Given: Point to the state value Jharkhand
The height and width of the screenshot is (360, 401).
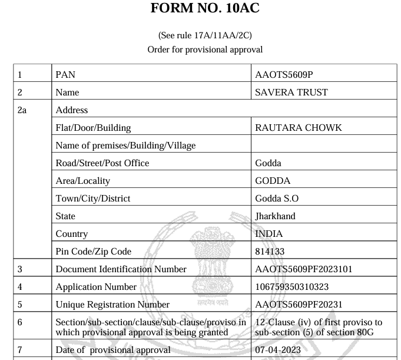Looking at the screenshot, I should coord(275,216).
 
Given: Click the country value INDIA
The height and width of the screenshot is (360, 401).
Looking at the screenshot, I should coord(269,233).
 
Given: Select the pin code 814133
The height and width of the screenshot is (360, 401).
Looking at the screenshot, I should coord(270,251).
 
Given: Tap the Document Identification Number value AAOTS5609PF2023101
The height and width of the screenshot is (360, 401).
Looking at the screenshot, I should coord(304,269).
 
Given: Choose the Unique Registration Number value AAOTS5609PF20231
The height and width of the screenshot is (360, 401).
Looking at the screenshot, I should coord(299,305).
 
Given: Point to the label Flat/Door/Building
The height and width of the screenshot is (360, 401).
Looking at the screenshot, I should coord(93,127).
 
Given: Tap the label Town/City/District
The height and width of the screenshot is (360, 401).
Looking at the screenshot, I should coord(93,198).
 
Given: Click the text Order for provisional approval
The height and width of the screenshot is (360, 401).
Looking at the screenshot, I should coord(204,49).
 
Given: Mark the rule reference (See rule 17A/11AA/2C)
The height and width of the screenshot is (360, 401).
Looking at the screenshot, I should coord(204,35).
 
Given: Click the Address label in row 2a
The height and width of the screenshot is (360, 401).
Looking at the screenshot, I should coord(71,110).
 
